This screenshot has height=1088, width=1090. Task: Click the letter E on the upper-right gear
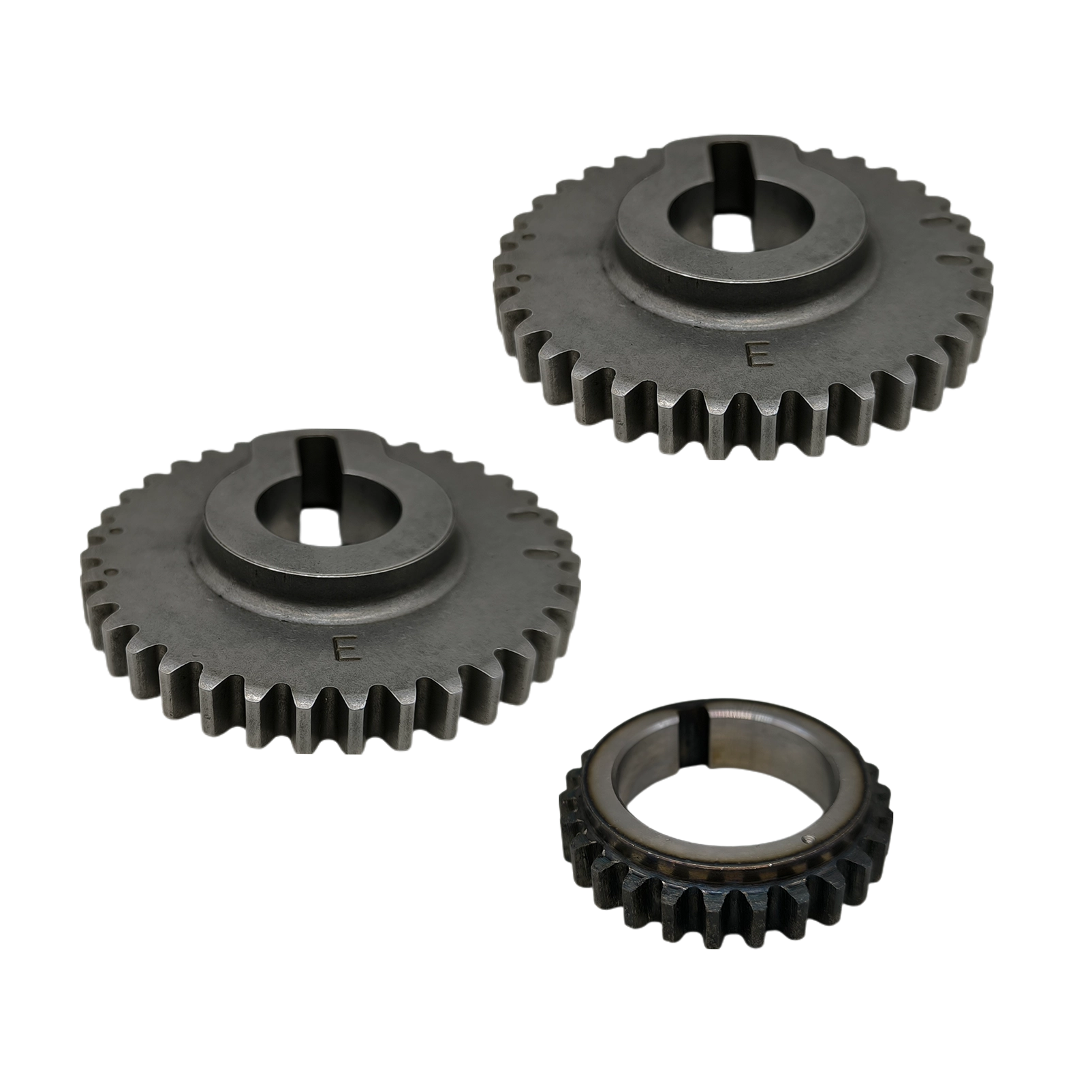758,356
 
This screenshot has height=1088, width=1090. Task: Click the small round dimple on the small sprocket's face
808,840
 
